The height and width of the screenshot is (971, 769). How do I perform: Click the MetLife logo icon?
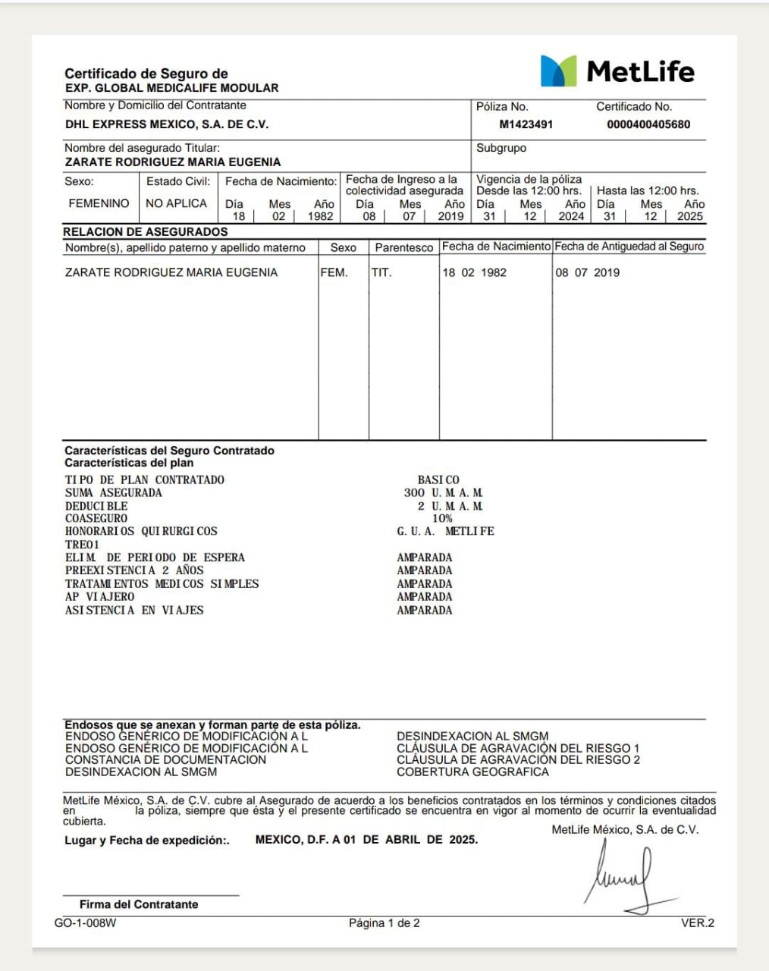tap(558, 71)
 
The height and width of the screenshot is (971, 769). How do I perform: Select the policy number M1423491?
tap(526, 124)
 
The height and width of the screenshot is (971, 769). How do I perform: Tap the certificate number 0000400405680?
tap(648, 124)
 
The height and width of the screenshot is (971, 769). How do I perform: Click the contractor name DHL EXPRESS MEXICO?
tap(167, 124)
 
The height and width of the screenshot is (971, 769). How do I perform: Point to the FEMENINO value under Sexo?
tap(99, 203)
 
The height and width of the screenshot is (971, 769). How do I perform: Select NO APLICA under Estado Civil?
tap(176, 203)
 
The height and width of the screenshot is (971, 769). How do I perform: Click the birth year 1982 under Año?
tap(320, 216)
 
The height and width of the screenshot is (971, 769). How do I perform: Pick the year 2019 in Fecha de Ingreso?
tap(450, 216)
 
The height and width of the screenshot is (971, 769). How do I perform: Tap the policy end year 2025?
tap(689, 216)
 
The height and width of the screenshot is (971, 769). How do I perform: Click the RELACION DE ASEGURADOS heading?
tap(145, 231)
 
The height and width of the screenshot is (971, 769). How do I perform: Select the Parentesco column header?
tap(404, 247)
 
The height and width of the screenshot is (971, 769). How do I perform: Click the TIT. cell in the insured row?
tap(381, 272)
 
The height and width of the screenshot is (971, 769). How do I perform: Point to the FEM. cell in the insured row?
tap(334, 272)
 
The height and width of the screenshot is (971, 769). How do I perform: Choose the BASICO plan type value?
tap(438, 479)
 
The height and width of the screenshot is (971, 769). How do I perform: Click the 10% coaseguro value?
tap(442, 518)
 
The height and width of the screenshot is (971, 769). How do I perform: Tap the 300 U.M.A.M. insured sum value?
tap(443, 492)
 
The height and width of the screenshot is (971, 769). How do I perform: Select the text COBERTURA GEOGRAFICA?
tap(472, 771)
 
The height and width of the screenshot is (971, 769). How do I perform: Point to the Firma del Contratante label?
tap(139, 904)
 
